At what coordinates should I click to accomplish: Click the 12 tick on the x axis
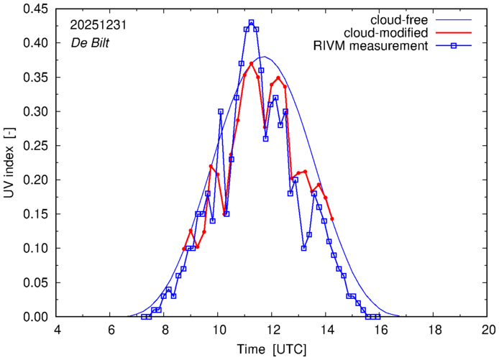(272, 329)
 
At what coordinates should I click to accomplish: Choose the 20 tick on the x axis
(487, 329)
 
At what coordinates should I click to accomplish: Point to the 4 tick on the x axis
(57, 329)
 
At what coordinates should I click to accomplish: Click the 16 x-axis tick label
(380, 329)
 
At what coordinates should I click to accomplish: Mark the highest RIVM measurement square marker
(251, 22)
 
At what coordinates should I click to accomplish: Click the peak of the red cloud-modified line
(251, 63)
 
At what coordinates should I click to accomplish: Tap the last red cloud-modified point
(332, 218)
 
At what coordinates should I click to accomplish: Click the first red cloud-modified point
(184, 249)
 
